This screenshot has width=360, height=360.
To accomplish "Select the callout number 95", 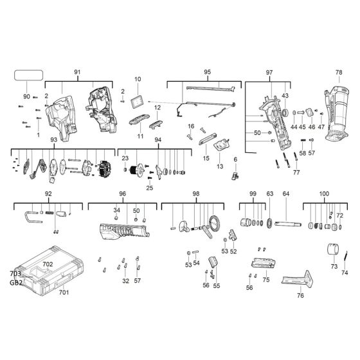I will (x=207, y=73).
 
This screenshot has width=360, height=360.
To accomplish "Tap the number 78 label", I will (x=339, y=73).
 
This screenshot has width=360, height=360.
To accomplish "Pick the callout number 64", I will (x=286, y=194).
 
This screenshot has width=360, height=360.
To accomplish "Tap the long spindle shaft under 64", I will (x=289, y=224).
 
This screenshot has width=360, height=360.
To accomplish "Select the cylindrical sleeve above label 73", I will (x=334, y=249).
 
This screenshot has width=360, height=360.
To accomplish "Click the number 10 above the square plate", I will (x=137, y=80).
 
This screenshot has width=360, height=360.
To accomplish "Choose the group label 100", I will (x=324, y=194).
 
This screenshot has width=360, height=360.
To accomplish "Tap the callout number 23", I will (x=125, y=158).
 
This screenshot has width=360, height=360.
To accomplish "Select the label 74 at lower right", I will (x=345, y=273).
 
